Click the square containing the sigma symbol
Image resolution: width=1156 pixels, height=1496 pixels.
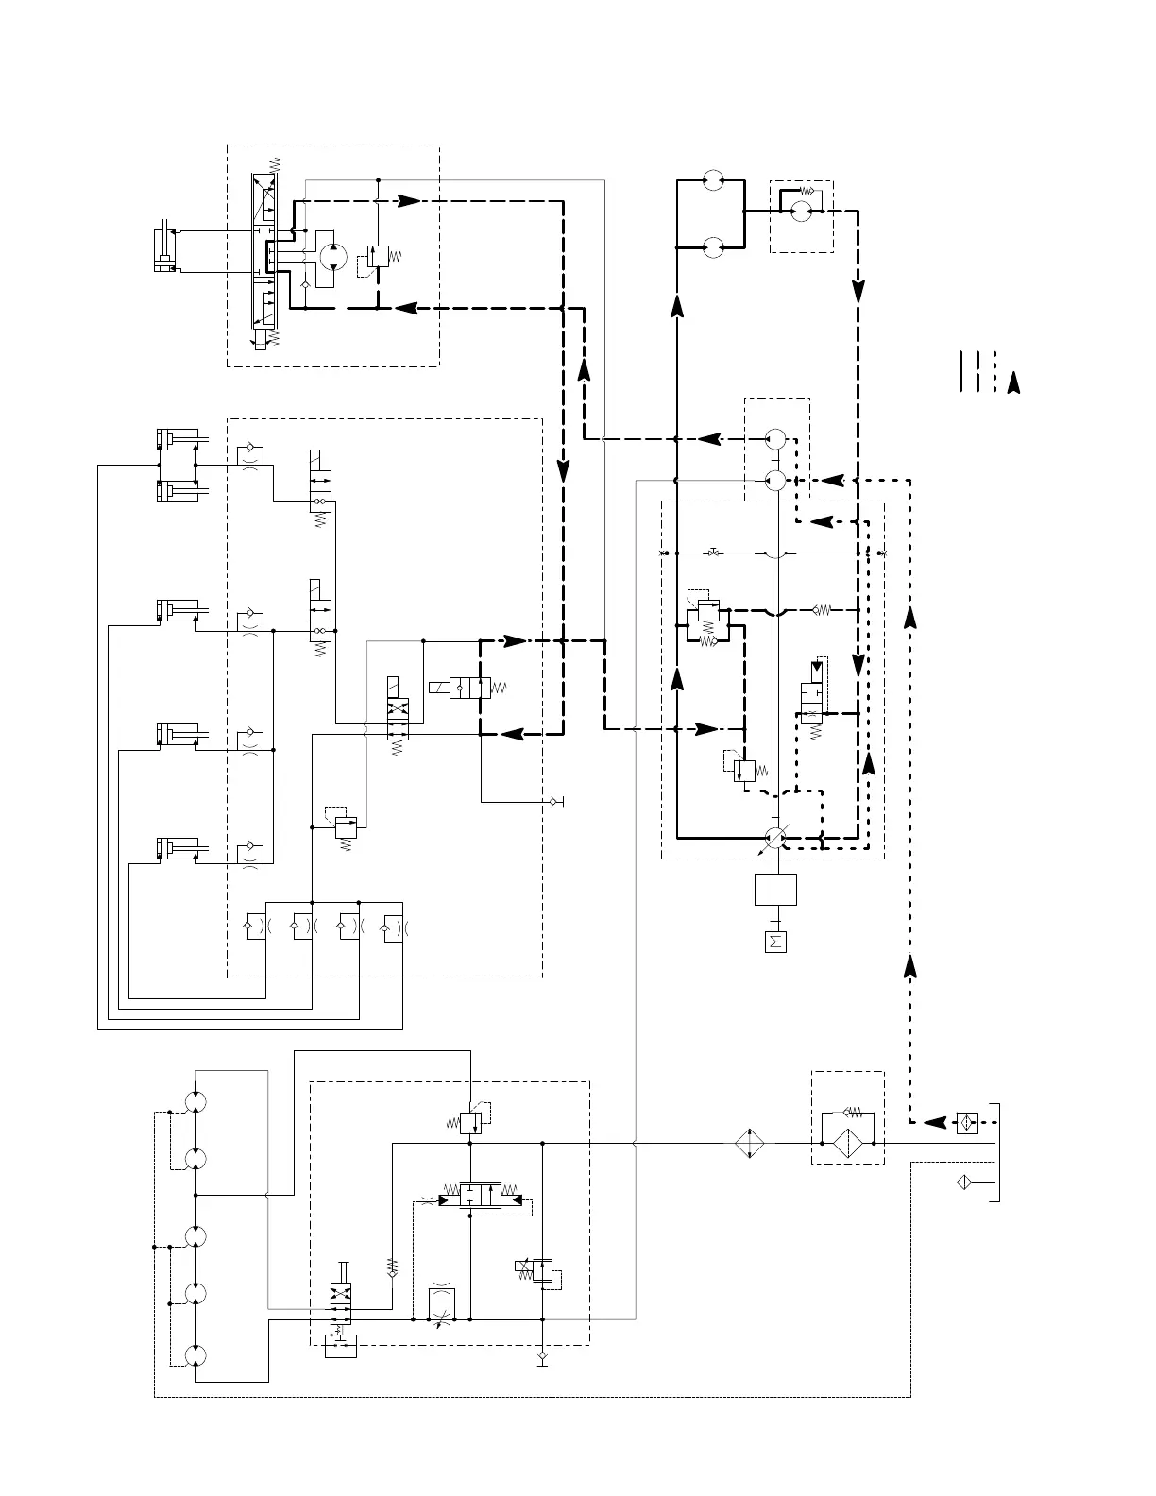[774, 942]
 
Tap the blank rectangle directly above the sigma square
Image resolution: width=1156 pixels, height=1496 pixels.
[774, 889]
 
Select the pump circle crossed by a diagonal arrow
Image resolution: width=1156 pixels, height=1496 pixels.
[774, 837]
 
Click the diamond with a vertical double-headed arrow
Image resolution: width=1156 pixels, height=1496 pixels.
[750, 1143]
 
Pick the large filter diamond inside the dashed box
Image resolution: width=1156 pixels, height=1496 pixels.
[847, 1143]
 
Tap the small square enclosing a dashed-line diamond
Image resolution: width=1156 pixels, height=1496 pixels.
[967, 1123]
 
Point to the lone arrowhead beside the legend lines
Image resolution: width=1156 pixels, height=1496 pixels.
[1013, 382]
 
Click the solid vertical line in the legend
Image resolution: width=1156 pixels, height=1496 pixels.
[960, 370]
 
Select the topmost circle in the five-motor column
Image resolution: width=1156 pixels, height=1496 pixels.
[195, 1101]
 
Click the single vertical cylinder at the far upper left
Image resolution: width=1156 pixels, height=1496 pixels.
[165, 250]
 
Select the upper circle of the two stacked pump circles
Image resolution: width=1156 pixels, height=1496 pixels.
[775, 439]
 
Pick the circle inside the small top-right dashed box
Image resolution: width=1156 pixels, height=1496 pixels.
[801, 212]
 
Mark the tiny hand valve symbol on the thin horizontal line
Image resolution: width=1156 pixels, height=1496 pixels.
[715, 552]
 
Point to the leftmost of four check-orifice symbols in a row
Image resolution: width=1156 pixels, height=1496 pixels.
[253, 927]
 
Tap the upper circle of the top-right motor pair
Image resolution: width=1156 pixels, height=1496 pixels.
[714, 178]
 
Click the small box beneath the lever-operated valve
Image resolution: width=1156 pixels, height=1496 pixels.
[340, 1346]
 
